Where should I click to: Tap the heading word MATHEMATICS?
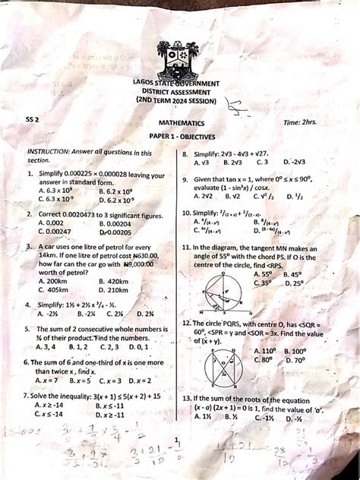point(181,122)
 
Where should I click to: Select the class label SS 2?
point(31,119)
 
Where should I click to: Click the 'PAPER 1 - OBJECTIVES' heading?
point(181,136)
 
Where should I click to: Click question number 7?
point(26,396)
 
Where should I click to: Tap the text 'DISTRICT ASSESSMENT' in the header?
point(179,92)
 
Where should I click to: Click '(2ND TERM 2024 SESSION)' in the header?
point(179,101)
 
